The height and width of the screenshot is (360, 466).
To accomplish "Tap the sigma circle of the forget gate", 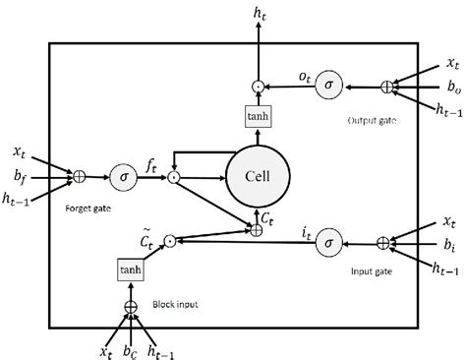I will click(x=123, y=177).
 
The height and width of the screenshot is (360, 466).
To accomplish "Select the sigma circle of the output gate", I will click(x=326, y=87).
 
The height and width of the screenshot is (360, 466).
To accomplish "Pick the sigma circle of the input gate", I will click(x=328, y=240).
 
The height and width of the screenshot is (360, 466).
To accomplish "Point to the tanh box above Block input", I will click(x=130, y=269).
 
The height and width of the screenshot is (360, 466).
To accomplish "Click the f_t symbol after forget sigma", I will click(x=155, y=168).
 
